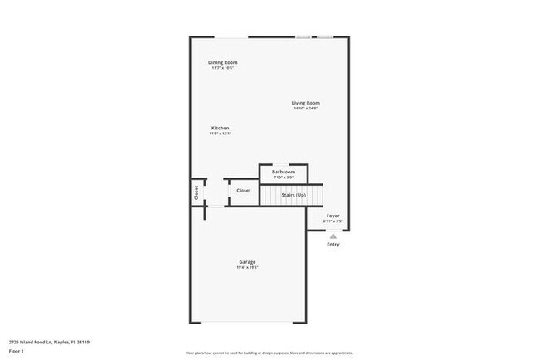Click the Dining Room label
click(x=223, y=62)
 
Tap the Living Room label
click(x=305, y=103)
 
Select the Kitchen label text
click(x=220, y=128)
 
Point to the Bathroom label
click(x=284, y=172)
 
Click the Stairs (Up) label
click(x=294, y=195)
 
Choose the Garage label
click(x=247, y=262)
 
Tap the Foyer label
click(x=333, y=216)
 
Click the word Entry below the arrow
click(x=333, y=244)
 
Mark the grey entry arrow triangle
click(x=333, y=235)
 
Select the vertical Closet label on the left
click(x=197, y=192)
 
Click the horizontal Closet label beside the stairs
click(x=244, y=191)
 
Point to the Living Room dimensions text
click(x=305, y=109)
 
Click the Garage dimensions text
click(x=247, y=268)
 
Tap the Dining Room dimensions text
click(x=223, y=68)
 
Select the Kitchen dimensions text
click(x=220, y=134)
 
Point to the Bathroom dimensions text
click(x=284, y=178)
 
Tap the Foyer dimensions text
click(x=333, y=221)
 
